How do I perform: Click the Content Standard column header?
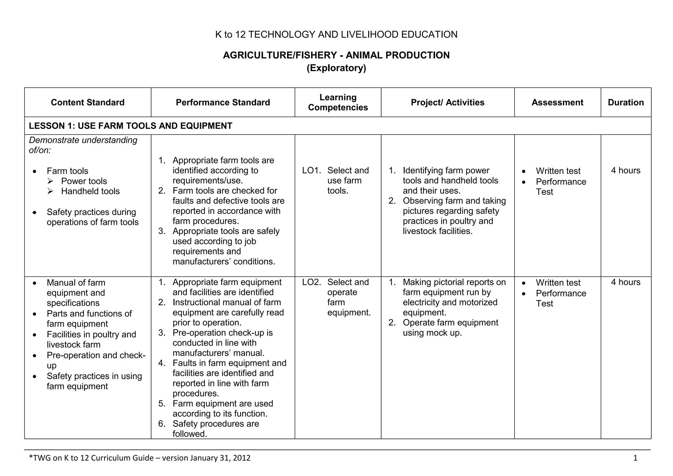pos(87,102)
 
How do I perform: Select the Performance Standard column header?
pos(223,102)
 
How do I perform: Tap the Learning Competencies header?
pos(338,102)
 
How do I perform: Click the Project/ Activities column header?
pos(448,102)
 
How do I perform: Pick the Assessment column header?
pos(557,102)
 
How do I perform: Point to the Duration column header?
pos(626,102)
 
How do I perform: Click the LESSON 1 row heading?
pos(130,126)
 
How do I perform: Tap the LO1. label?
pos(311,170)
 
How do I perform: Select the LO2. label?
pos(311,282)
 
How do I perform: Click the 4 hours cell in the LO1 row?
pos(626,170)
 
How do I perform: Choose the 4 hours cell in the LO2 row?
pos(626,282)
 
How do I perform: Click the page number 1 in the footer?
pos(635,458)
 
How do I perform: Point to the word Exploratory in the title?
pos(336,68)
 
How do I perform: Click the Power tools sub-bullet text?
pos(84,181)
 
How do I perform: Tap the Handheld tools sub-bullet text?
pos(90,191)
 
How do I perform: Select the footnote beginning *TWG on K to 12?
pos(140,458)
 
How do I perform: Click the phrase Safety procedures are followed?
pos(216,429)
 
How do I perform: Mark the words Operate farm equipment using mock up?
pos(450,327)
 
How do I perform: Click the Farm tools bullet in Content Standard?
pos(67,171)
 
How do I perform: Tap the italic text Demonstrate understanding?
pos(83,140)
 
